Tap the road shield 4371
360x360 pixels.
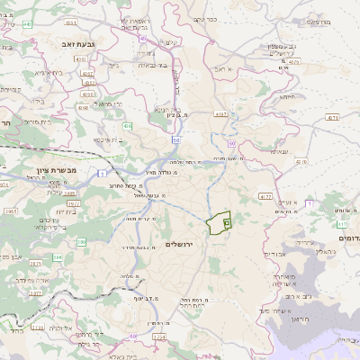tap(332, 118)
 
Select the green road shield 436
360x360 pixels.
tap(129, 125)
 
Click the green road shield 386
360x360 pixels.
tap(81, 242)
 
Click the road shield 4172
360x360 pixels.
tap(264, 195)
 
